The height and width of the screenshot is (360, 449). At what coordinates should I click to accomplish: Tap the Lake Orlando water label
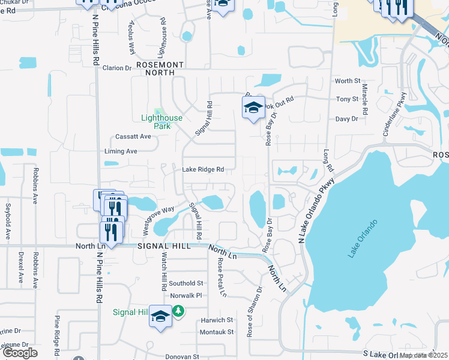coord(362,239)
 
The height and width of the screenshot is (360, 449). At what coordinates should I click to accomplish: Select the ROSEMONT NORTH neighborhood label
coord(159,68)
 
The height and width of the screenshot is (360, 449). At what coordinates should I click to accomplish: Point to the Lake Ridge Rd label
coord(203,170)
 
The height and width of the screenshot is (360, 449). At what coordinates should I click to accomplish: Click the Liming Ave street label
coord(121,151)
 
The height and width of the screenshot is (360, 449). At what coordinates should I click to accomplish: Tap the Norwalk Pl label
coord(186,296)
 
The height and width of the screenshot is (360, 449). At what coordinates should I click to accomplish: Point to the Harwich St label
coord(217,320)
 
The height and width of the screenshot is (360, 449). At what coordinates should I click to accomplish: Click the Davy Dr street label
coord(346,119)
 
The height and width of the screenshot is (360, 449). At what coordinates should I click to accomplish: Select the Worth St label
coord(348,81)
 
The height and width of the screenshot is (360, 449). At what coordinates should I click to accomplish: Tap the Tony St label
coord(347,99)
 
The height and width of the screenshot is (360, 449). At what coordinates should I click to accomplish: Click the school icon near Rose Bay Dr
coord(254,108)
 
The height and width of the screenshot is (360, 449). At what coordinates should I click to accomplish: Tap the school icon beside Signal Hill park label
coord(160,316)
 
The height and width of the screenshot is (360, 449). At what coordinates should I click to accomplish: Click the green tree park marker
coord(178,311)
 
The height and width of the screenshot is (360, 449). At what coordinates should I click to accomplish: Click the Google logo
coord(20,353)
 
